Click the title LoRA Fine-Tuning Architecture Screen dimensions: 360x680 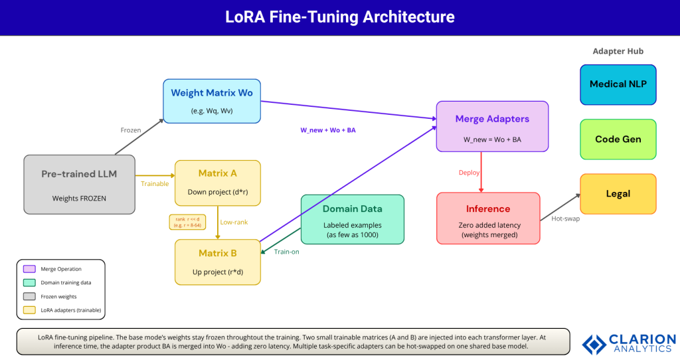click(x=339, y=17)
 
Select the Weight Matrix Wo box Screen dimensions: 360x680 click(x=212, y=101)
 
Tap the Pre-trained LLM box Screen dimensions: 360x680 click(x=79, y=184)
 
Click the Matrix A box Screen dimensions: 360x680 click(x=217, y=183)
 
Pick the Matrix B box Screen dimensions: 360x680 click(x=217, y=262)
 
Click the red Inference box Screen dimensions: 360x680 click(x=488, y=217)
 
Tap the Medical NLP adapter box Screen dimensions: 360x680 click(x=618, y=84)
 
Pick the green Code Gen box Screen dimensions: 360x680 click(x=618, y=139)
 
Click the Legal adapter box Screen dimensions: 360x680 click(x=618, y=194)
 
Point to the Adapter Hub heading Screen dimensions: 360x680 click(x=618, y=51)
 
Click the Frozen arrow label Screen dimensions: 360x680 click(x=131, y=130)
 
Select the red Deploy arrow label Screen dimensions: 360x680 click(x=469, y=173)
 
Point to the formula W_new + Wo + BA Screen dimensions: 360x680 click(x=328, y=130)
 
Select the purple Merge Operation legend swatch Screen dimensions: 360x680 click(x=29, y=269)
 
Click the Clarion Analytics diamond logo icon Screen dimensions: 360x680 click(x=594, y=343)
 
